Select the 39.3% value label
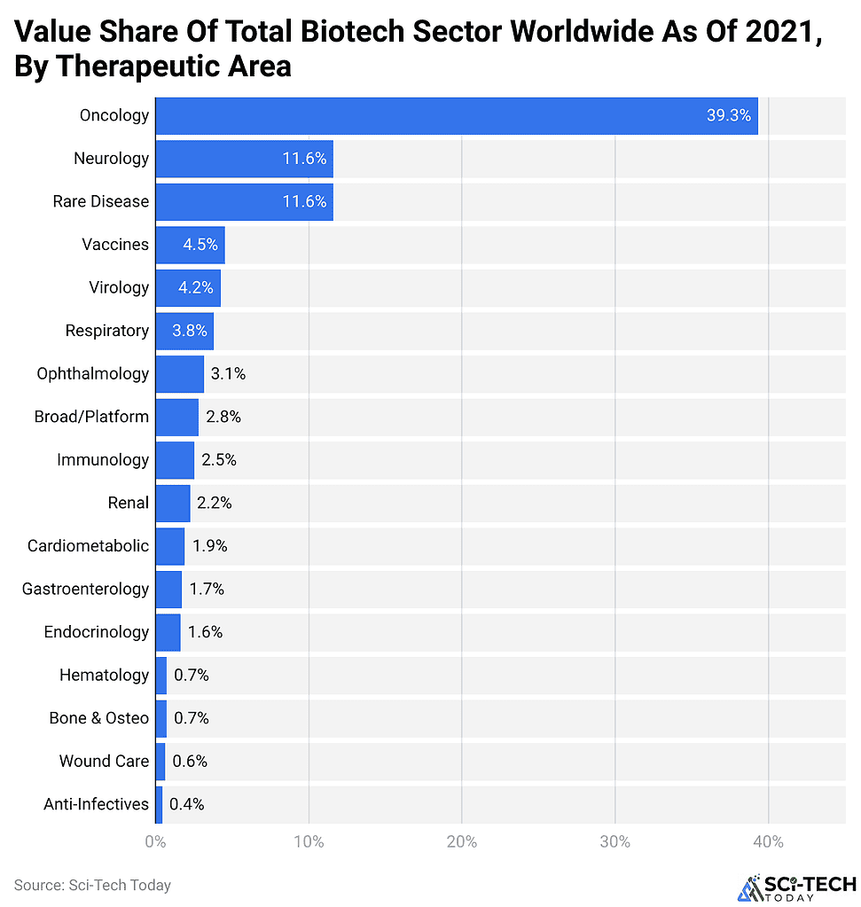728,116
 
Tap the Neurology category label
112,159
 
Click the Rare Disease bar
244,202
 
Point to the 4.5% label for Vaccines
200,245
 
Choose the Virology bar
188,288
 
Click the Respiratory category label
107,331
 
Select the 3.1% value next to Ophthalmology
228,374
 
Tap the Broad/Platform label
91,417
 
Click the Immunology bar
175,460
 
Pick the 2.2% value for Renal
215,503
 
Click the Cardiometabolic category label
88,546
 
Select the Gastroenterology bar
168,589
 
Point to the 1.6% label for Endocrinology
205,632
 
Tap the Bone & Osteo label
99,718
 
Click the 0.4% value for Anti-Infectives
187,804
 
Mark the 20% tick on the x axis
461,841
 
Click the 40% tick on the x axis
768,841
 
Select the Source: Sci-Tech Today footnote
92,885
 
